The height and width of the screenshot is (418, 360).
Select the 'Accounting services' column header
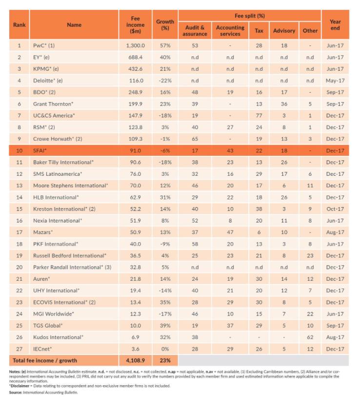[230, 30]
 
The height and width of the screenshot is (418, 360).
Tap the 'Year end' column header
[335, 25]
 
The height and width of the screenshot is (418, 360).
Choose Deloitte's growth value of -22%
[165, 81]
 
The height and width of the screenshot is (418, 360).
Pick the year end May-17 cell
[335, 81]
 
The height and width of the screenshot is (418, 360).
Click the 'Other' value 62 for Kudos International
[310, 337]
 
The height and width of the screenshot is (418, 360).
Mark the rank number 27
[20, 349]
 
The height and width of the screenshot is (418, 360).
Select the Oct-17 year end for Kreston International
[335, 209]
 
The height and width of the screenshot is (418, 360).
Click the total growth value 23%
[165, 361]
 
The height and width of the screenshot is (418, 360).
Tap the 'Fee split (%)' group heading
[249, 16]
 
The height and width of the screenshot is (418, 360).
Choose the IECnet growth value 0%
[165, 349]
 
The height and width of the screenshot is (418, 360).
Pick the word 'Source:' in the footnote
[18, 392]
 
